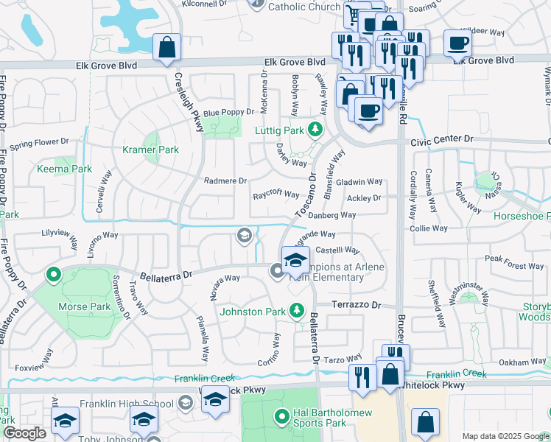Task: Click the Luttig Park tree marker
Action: (x=316, y=130)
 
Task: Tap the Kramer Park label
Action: (x=150, y=150)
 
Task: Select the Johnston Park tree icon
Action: (x=297, y=311)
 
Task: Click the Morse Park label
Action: (x=90, y=306)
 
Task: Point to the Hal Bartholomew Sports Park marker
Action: (x=281, y=418)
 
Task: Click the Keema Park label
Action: (x=64, y=169)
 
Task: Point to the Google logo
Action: (x=24, y=433)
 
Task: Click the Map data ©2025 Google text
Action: (x=505, y=436)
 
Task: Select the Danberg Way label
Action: (x=331, y=215)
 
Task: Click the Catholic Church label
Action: (x=303, y=7)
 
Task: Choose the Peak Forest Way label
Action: (x=514, y=266)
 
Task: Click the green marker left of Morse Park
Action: (x=53, y=276)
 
